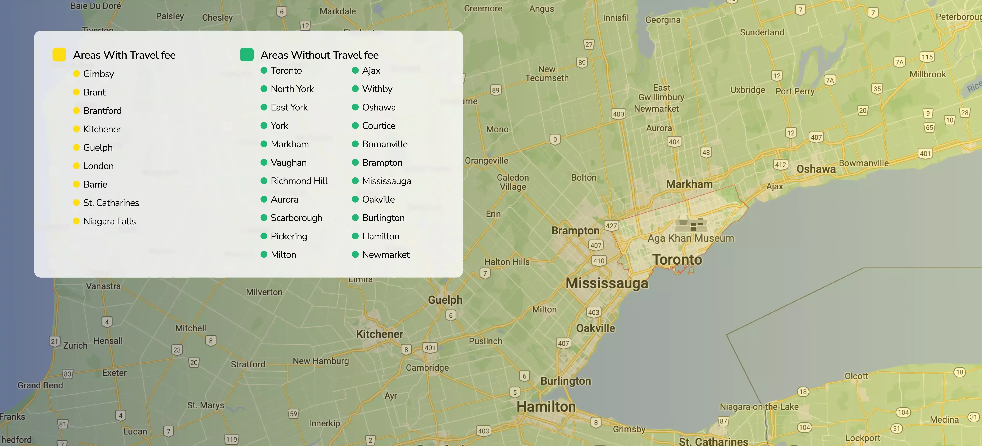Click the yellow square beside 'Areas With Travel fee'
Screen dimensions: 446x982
pyautogui.click(x=59, y=55)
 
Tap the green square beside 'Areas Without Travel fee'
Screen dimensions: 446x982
pyautogui.click(x=247, y=55)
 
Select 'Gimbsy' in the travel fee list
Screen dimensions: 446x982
pyautogui.click(x=98, y=74)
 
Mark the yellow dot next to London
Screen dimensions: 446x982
pyautogui.click(x=76, y=166)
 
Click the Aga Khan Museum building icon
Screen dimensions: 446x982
pyautogui.click(x=691, y=224)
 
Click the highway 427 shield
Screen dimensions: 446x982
pyautogui.click(x=611, y=226)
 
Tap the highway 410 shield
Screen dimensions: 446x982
pyautogui.click(x=599, y=261)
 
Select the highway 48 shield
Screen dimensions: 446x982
pyautogui.click(x=706, y=152)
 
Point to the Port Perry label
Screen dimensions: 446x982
pyautogui.click(x=795, y=92)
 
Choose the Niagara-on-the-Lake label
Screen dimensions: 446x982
pyautogui.click(x=759, y=407)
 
